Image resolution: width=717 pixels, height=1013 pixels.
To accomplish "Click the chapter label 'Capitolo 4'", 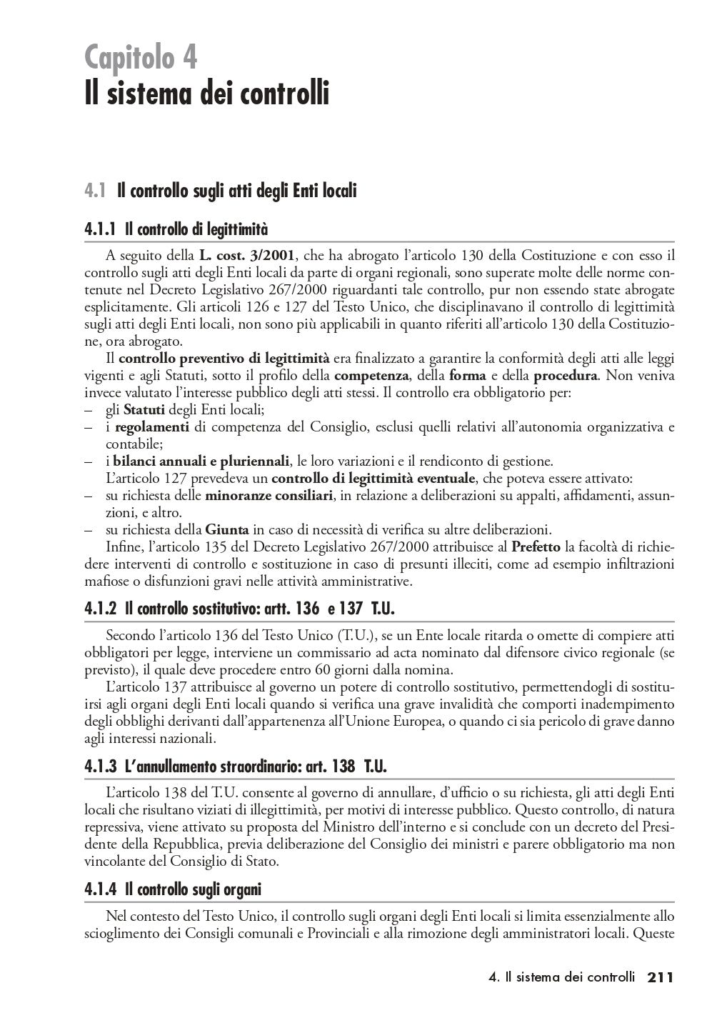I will [141, 56].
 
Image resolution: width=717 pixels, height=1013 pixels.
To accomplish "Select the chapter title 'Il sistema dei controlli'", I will [206, 93].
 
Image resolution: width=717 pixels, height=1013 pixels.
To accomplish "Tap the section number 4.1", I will [94, 191].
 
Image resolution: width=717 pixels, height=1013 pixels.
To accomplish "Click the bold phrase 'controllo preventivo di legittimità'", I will [224, 359].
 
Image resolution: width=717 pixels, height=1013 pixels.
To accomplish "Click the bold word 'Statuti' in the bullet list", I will [144, 410].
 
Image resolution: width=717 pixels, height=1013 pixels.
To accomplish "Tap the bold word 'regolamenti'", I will [151, 427].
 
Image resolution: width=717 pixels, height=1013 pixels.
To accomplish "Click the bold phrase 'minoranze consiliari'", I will [269, 495].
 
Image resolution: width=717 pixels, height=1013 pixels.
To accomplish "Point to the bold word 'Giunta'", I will [227, 529].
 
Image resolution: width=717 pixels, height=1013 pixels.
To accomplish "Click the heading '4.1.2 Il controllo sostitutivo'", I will [239, 609].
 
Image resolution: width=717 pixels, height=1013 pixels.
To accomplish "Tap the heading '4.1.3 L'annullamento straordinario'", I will [235, 767].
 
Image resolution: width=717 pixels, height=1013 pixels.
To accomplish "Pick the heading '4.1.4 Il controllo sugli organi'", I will [172, 889].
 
